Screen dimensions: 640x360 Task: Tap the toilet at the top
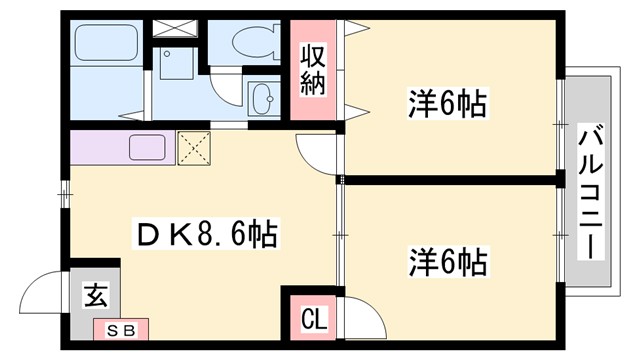(x=245, y=41)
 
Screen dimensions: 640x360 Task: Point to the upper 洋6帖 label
(x=446, y=102)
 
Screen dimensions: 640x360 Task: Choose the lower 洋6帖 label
(x=446, y=262)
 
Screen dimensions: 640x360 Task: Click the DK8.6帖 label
(x=206, y=235)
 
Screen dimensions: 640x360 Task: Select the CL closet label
(x=313, y=321)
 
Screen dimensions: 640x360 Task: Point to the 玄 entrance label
(x=95, y=296)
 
